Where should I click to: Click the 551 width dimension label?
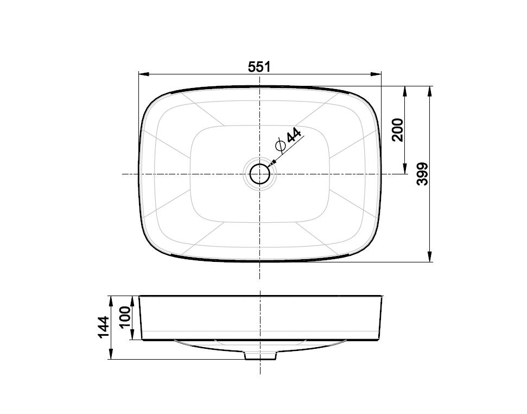coord(259,67)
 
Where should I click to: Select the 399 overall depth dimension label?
coord(423,173)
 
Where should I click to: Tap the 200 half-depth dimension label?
coord(398,129)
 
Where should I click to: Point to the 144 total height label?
coord(103,327)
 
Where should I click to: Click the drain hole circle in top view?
coord(260,174)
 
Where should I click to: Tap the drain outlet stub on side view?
coord(261,355)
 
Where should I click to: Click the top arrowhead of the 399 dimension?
coord(430,90)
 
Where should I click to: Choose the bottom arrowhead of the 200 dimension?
coord(405,170)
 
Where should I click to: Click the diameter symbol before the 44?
coord(281,146)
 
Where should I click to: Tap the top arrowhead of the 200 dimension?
coord(405,90)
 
